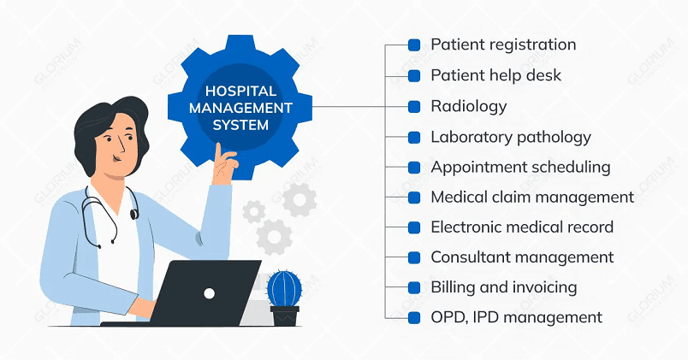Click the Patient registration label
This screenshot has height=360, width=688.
pyautogui.click(x=503, y=44)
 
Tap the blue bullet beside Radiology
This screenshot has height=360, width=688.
pyautogui.click(x=414, y=107)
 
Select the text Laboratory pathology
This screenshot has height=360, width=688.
pyautogui.click(x=511, y=137)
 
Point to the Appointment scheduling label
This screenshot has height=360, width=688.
pyautogui.click(x=520, y=167)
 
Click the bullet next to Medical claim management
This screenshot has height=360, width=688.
pyautogui.click(x=414, y=198)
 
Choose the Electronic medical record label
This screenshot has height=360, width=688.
pyautogui.click(x=522, y=227)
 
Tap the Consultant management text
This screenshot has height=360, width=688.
pyautogui.click(x=522, y=257)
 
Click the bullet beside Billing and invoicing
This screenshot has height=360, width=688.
pyautogui.click(x=414, y=287)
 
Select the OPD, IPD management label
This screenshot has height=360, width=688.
pyautogui.click(x=516, y=317)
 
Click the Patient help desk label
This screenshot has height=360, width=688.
pyautogui.click(x=495, y=75)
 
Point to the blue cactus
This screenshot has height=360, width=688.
pyautogui.click(x=283, y=288)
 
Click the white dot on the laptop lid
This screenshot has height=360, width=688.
pyautogui.click(x=209, y=293)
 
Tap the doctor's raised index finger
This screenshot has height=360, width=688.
pyautogui.click(x=220, y=151)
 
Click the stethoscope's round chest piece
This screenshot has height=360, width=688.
pyautogui.click(x=133, y=214)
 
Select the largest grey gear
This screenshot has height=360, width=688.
pyautogui.click(x=274, y=236)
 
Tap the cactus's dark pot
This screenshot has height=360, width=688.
pyautogui.click(x=285, y=316)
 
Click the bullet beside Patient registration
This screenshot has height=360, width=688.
pyautogui.click(x=414, y=45)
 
